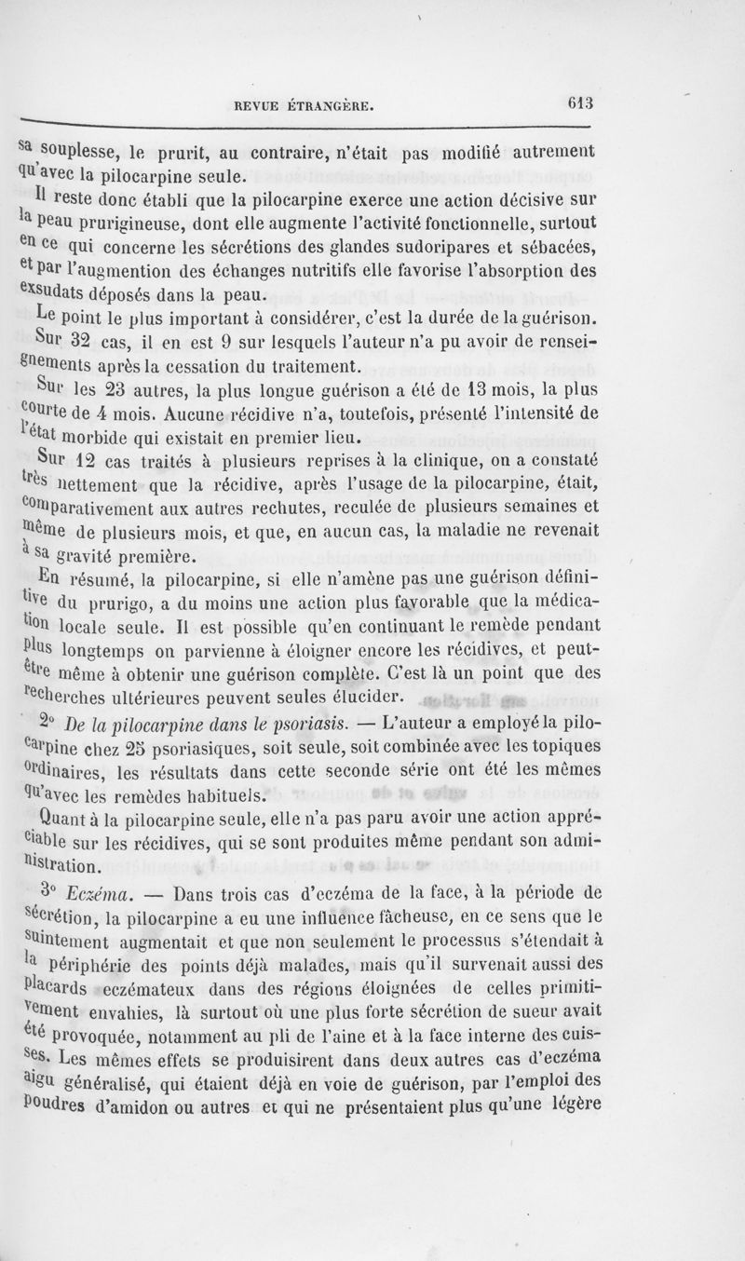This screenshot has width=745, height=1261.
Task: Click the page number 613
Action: (584, 105)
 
